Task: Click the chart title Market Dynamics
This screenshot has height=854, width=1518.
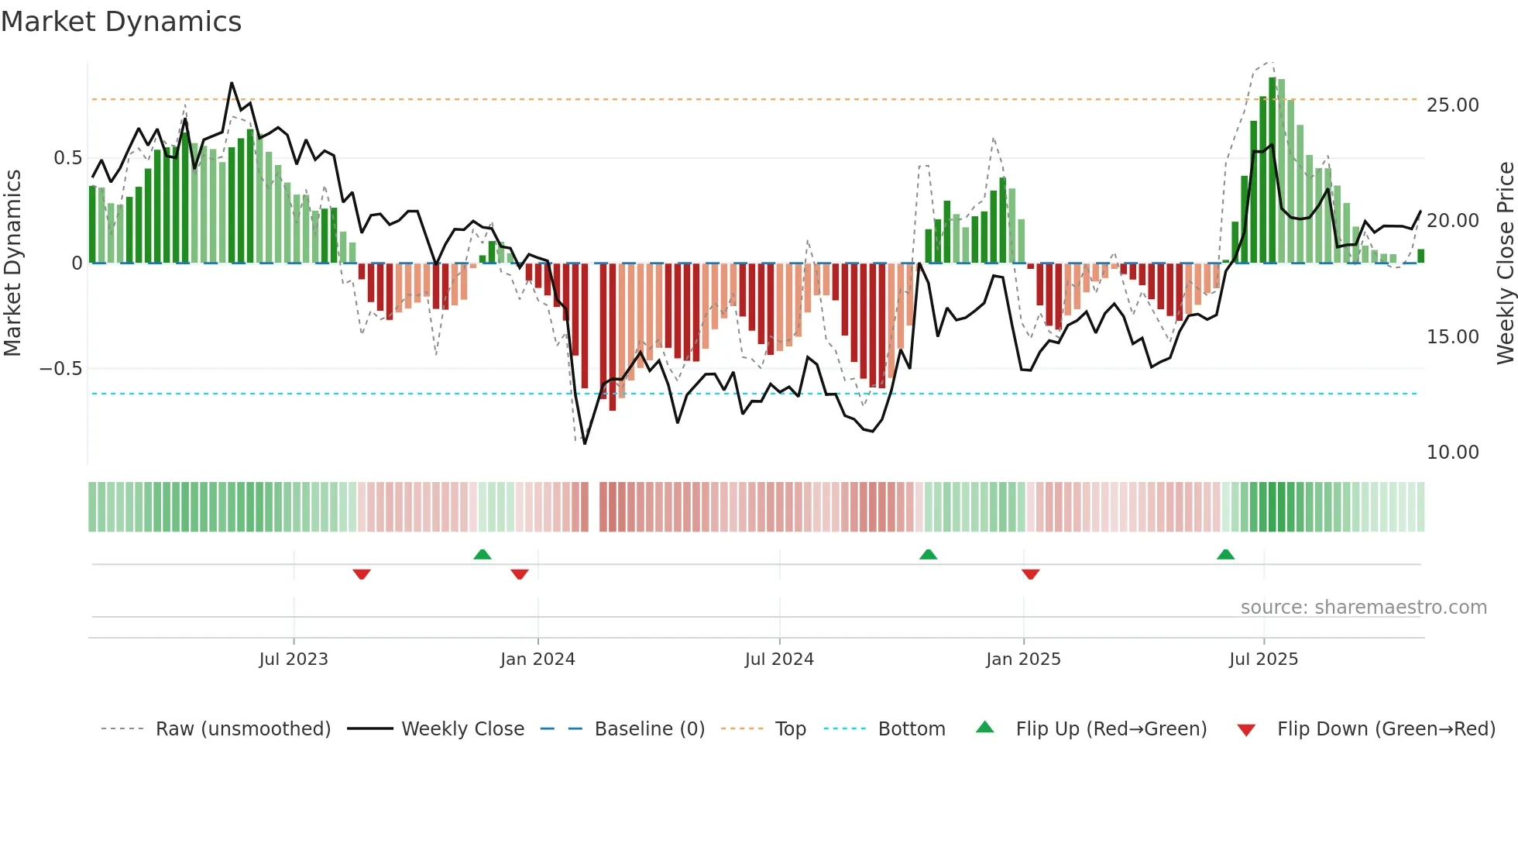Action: pos(121,22)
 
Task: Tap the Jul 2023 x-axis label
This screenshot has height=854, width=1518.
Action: pos(294,659)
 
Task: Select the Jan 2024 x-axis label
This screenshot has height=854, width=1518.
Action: pos(537,659)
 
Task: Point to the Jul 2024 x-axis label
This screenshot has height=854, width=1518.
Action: pos(779,659)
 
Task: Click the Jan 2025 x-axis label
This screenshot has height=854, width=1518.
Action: pos(1023,659)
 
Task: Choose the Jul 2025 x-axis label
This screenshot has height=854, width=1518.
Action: pos(1263,659)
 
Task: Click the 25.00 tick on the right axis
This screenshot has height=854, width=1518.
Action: pos(1452,105)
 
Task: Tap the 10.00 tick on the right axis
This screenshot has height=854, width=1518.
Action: pos(1452,453)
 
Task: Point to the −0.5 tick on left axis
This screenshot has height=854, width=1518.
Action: pos(60,369)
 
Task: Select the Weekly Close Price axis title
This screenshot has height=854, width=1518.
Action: pos(1505,263)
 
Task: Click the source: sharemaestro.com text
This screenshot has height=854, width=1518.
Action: pos(1363,608)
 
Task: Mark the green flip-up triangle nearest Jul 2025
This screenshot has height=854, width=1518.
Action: pos(1225,555)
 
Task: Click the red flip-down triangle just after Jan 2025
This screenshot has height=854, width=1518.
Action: pos(1030,574)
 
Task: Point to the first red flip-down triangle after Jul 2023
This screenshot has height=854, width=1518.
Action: pos(362,574)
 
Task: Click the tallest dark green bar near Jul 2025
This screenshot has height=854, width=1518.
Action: pos(1272,170)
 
